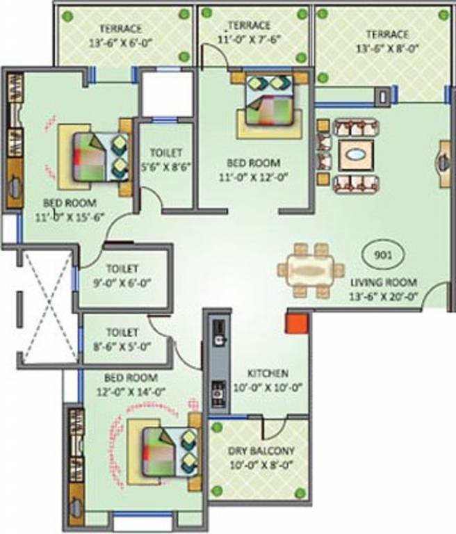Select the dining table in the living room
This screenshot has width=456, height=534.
pos(311,270)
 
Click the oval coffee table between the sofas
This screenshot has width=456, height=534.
pos(356,155)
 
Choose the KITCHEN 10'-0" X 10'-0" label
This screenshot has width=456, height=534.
pos(270,380)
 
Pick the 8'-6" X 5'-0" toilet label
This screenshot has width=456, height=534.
pos(122,339)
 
